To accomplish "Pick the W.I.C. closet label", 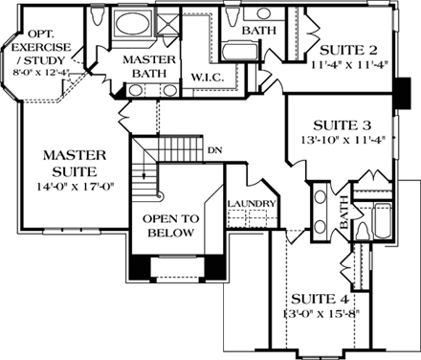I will click(206, 77).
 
